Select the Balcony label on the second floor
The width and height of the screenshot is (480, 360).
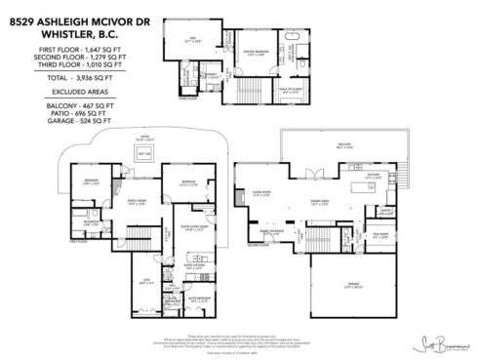[x=372, y=146]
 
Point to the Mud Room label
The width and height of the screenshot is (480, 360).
[x=386, y=234]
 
